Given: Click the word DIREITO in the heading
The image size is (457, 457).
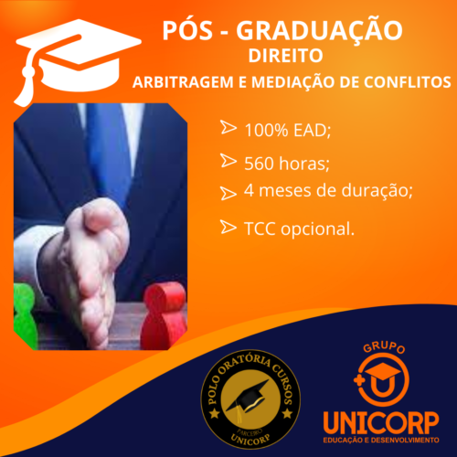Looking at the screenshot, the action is [285, 56].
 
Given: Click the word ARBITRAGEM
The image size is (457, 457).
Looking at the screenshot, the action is [183, 82].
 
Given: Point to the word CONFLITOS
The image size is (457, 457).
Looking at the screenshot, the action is [408, 82].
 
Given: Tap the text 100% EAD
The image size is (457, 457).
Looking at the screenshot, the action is [287, 130].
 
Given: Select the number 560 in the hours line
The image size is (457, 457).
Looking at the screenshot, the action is [259, 164].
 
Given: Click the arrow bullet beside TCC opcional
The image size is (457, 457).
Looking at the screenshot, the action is [228, 227].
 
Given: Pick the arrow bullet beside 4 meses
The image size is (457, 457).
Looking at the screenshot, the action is [228, 193].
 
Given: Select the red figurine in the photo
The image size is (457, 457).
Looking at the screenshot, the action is [164, 316].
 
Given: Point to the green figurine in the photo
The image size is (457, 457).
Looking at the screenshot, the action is [25, 316].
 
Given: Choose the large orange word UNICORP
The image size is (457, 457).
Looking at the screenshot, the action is [381, 422].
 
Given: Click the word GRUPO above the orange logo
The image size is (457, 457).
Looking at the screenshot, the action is [384, 347].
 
